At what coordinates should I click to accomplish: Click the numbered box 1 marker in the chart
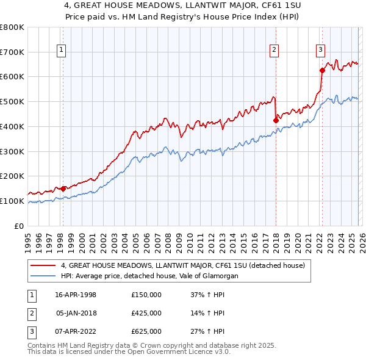point(62,51)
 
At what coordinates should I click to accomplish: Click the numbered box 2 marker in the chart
point(274,51)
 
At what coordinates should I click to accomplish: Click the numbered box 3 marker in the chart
point(320,51)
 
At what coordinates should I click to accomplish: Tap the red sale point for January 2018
point(276,120)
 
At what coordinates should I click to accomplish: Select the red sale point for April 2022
point(321,70)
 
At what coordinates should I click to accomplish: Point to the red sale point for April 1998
point(63,189)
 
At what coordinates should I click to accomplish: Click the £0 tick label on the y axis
point(19,226)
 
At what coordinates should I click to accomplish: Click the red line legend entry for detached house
point(186,265)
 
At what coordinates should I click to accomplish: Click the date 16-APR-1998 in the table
point(76,295)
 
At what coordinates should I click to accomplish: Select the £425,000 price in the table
point(146,313)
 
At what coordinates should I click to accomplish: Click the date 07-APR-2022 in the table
point(76,331)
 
